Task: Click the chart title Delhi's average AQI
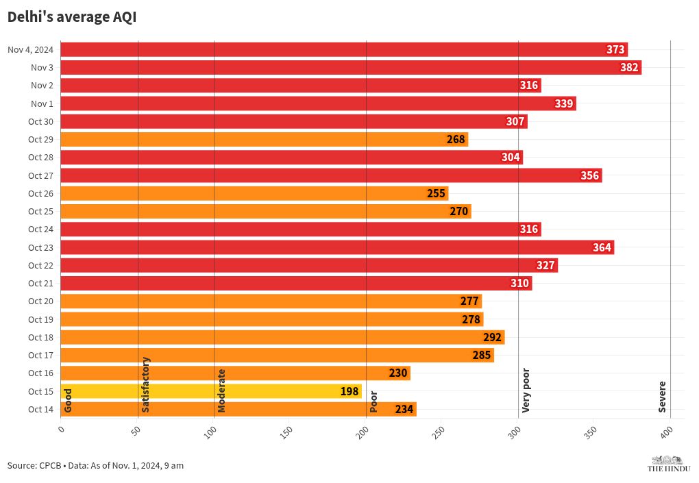(x=72, y=18)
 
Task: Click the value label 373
(x=615, y=49)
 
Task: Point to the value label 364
(x=602, y=247)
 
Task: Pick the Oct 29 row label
(x=40, y=139)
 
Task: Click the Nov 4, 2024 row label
(x=30, y=49)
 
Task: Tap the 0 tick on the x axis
(x=61, y=430)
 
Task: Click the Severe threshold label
(x=662, y=397)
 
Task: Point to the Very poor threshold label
(x=526, y=391)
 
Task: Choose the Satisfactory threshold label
(x=145, y=384)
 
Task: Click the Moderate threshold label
(x=221, y=391)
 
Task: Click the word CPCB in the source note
(x=49, y=465)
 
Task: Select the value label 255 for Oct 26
(x=437, y=193)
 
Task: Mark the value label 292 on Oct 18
(x=493, y=337)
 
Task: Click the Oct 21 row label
(x=40, y=283)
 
